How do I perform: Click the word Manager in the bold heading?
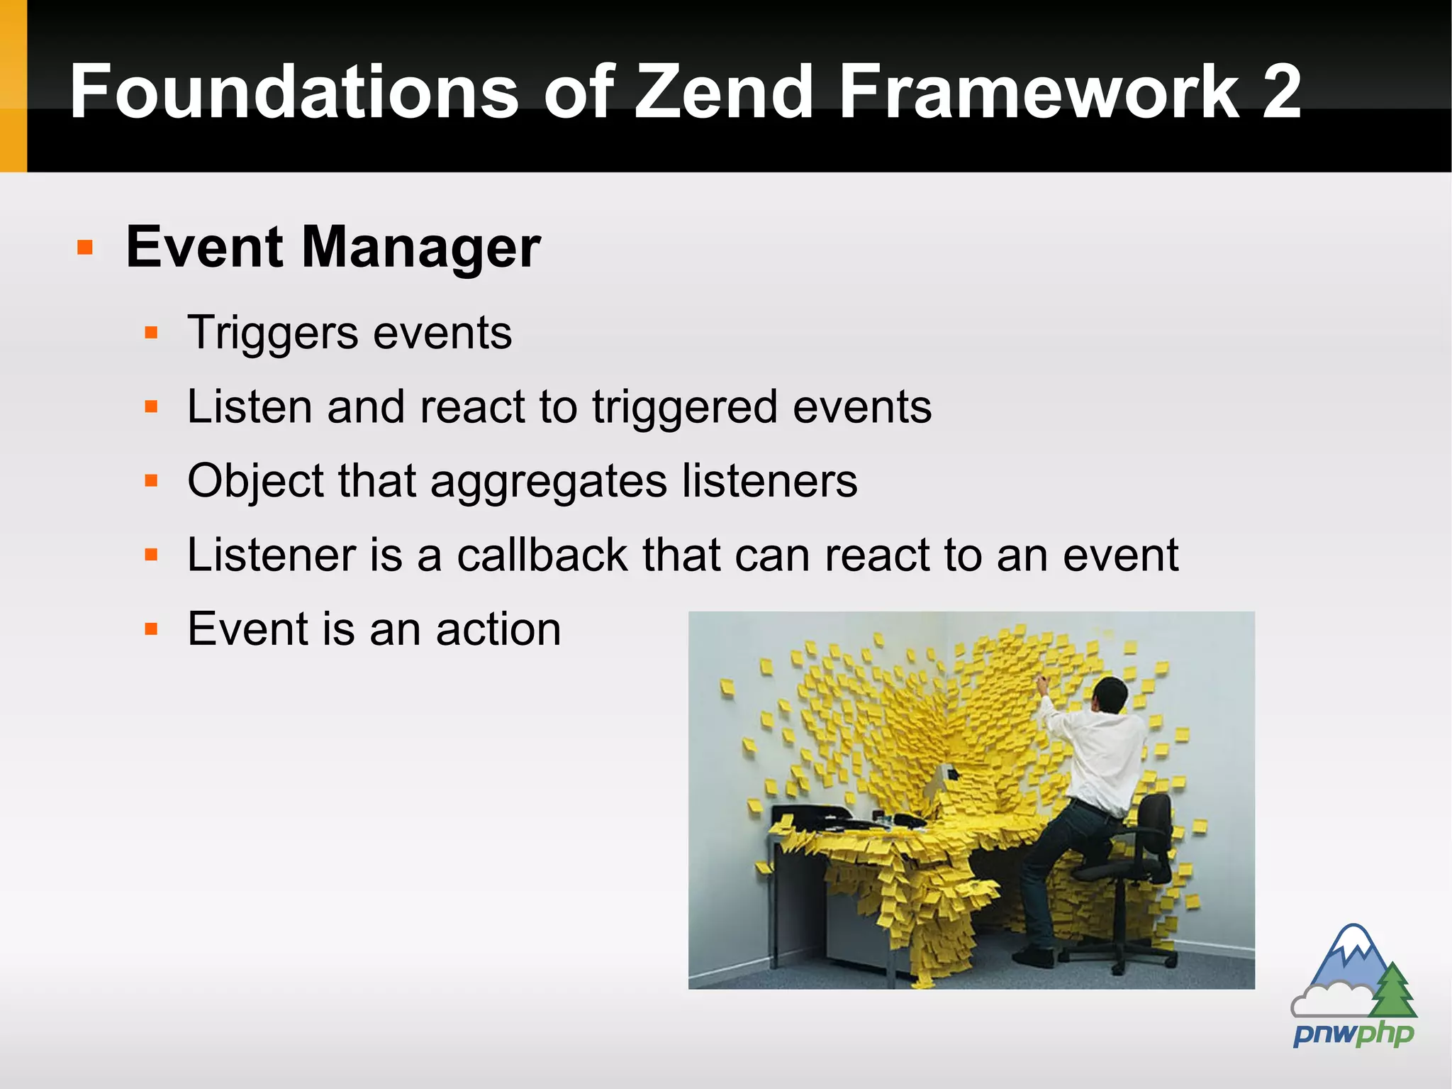[x=421, y=248]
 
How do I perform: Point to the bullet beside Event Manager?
[x=85, y=248]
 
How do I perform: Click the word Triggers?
[x=273, y=333]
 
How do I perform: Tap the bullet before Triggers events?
[x=150, y=333]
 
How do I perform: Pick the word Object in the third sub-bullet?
[x=255, y=481]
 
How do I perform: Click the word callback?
[x=542, y=555]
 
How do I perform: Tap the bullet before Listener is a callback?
[x=150, y=555]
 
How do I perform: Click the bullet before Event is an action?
[x=150, y=629]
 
